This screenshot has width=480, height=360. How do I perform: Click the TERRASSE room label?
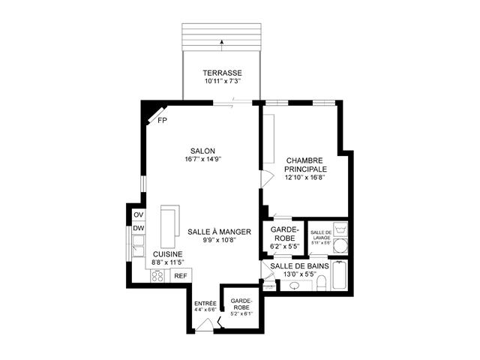pyautogui.click(x=222, y=73)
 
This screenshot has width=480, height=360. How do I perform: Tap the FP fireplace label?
pyautogui.click(x=162, y=121)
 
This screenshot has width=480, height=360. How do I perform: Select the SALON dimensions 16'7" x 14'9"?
pyautogui.click(x=203, y=159)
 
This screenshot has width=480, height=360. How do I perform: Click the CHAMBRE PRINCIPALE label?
pyautogui.click(x=305, y=165)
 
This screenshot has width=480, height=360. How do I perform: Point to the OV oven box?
pyautogui.click(x=139, y=215)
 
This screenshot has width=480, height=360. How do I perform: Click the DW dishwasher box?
pyautogui.click(x=139, y=228)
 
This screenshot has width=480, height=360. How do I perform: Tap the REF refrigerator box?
pyautogui.click(x=181, y=275)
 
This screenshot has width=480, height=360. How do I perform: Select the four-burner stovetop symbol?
pyautogui.click(x=157, y=276)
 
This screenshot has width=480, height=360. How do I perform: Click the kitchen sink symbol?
pyautogui.click(x=138, y=245)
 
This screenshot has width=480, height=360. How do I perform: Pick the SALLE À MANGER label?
pyautogui.click(x=219, y=232)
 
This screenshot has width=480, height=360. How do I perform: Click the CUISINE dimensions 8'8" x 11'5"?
pyautogui.click(x=168, y=262)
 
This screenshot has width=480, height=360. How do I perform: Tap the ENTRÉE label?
pyautogui.click(x=205, y=303)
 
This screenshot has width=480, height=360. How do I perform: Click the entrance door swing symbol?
pyautogui.click(x=205, y=325)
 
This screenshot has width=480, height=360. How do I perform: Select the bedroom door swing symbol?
pyautogui.click(x=267, y=178)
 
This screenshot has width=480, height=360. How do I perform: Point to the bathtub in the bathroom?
pyautogui.click(x=340, y=275)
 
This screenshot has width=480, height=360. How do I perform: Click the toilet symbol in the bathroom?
pyautogui.click(x=322, y=283)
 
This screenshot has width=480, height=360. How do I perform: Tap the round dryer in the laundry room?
pyautogui.click(x=340, y=246)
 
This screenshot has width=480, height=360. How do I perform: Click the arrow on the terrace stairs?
pyautogui.click(x=222, y=45)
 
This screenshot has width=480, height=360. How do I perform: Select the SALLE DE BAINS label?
pyautogui.click(x=299, y=266)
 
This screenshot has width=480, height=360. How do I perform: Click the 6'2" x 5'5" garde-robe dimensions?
pyautogui.click(x=285, y=246)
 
